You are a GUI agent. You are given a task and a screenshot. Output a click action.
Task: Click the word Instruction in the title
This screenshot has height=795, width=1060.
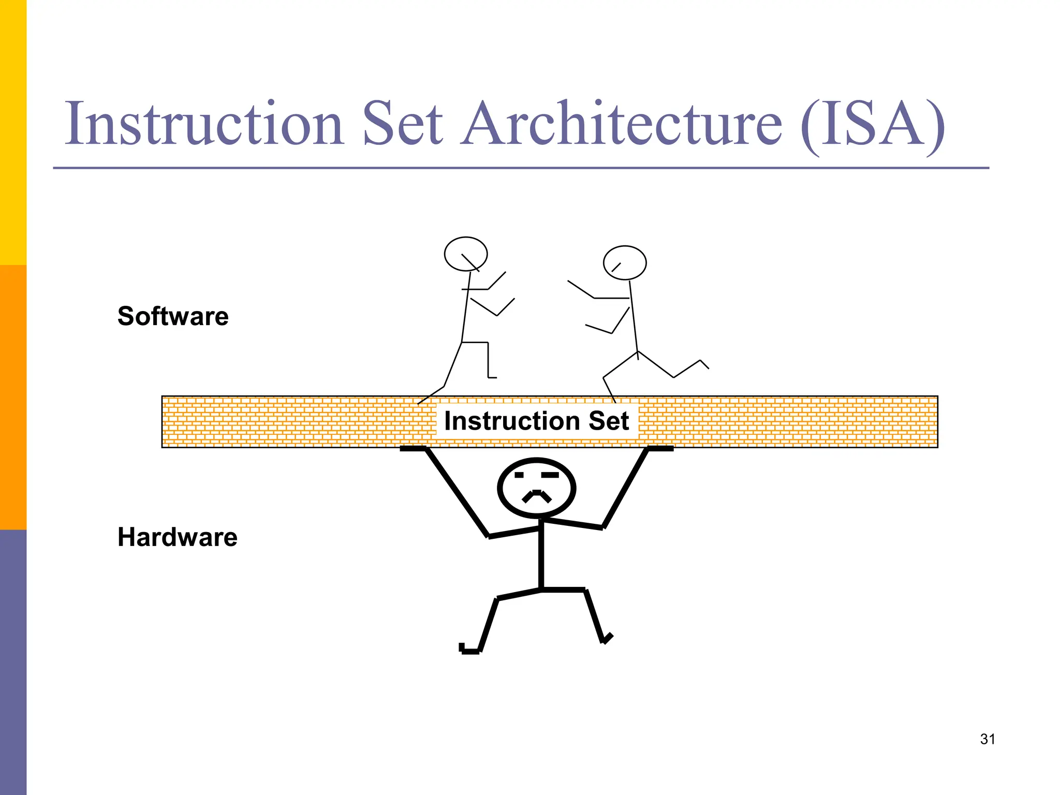[204, 124]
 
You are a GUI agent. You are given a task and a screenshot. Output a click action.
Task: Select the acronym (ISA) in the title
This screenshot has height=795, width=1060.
[873, 125]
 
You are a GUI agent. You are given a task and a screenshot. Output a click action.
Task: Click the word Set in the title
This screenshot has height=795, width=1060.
[403, 124]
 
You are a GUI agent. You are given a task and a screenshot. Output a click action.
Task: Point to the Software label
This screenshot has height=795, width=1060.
[173, 316]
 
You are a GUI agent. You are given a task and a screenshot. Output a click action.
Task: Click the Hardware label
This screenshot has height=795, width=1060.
[177, 537]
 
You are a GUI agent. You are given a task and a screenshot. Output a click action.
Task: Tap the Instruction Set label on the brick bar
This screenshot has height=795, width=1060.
[536, 421]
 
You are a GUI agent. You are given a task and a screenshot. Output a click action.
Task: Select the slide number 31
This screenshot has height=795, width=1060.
[988, 739]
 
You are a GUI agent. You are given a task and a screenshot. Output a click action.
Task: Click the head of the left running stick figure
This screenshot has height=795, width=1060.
[466, 254]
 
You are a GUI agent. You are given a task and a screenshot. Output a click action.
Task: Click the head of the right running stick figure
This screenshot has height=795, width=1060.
[625, 262]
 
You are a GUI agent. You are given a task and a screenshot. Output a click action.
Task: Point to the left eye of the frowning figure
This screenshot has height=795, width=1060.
[519, 475]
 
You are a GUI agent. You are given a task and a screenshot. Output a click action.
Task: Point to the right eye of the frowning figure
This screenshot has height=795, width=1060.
[550, 475]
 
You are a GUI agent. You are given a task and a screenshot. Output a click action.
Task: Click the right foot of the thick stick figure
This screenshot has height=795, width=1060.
[607, 639]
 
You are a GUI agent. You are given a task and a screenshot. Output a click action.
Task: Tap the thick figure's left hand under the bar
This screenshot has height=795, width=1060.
[413, 449]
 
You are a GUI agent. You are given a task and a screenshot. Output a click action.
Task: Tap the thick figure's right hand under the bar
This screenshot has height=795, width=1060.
[660, 449]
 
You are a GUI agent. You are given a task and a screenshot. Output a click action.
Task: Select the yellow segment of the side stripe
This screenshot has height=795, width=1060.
[13, 132]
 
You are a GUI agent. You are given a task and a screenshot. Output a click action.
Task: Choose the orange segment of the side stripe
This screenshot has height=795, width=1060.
[13, 397]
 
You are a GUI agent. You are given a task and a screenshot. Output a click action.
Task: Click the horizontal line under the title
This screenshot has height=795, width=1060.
[521, 168]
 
